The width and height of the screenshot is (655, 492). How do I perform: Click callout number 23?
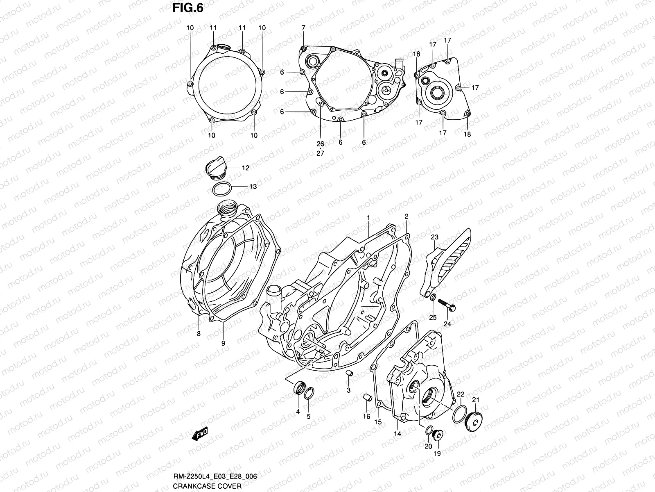pos(434,237)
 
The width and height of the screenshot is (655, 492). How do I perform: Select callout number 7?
pos(303,28)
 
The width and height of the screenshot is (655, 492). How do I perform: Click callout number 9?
pos(223,344)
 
